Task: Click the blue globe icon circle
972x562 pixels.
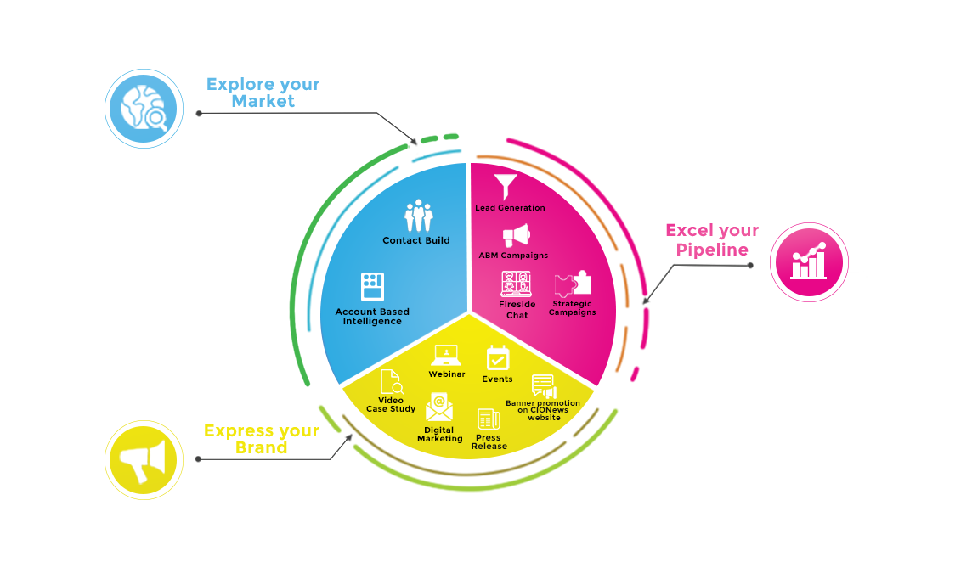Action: [144, 109]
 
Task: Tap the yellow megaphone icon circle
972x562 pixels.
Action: [144, 460]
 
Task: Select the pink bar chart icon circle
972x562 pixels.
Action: [809, 262]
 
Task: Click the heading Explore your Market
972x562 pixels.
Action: [263, 93]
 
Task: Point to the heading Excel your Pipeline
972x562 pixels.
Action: [712, 239]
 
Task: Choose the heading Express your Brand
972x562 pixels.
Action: [262, 439]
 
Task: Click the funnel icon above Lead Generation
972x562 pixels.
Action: [506, 187]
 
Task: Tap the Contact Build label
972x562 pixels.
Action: [416, 240]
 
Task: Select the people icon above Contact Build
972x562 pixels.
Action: [418, 215]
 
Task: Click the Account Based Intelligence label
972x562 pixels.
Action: [372, 316]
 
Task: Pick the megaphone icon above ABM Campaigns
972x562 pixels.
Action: [517, 235]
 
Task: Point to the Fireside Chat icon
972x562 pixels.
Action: [516, 284]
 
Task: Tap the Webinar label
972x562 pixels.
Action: [446, 374]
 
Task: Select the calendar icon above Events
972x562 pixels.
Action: [497, 357]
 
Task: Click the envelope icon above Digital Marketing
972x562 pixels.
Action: [439, 407]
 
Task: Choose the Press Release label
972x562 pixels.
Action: [489, 441]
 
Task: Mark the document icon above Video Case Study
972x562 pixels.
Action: [392, 382]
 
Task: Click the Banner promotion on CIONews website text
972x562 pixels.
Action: [543, 410]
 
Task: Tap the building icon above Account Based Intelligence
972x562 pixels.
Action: [372, 286]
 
